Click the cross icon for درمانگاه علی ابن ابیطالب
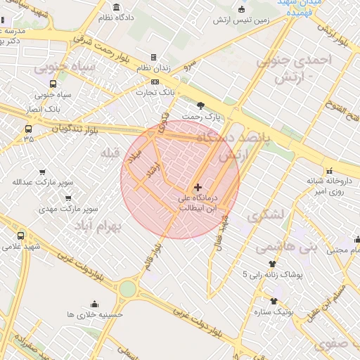198,187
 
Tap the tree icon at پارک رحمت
201,105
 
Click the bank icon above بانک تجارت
155,82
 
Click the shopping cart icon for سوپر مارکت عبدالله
42,172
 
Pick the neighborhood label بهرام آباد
102,226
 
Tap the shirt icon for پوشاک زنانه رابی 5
272,264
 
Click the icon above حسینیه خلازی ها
94,304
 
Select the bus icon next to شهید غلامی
20,236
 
